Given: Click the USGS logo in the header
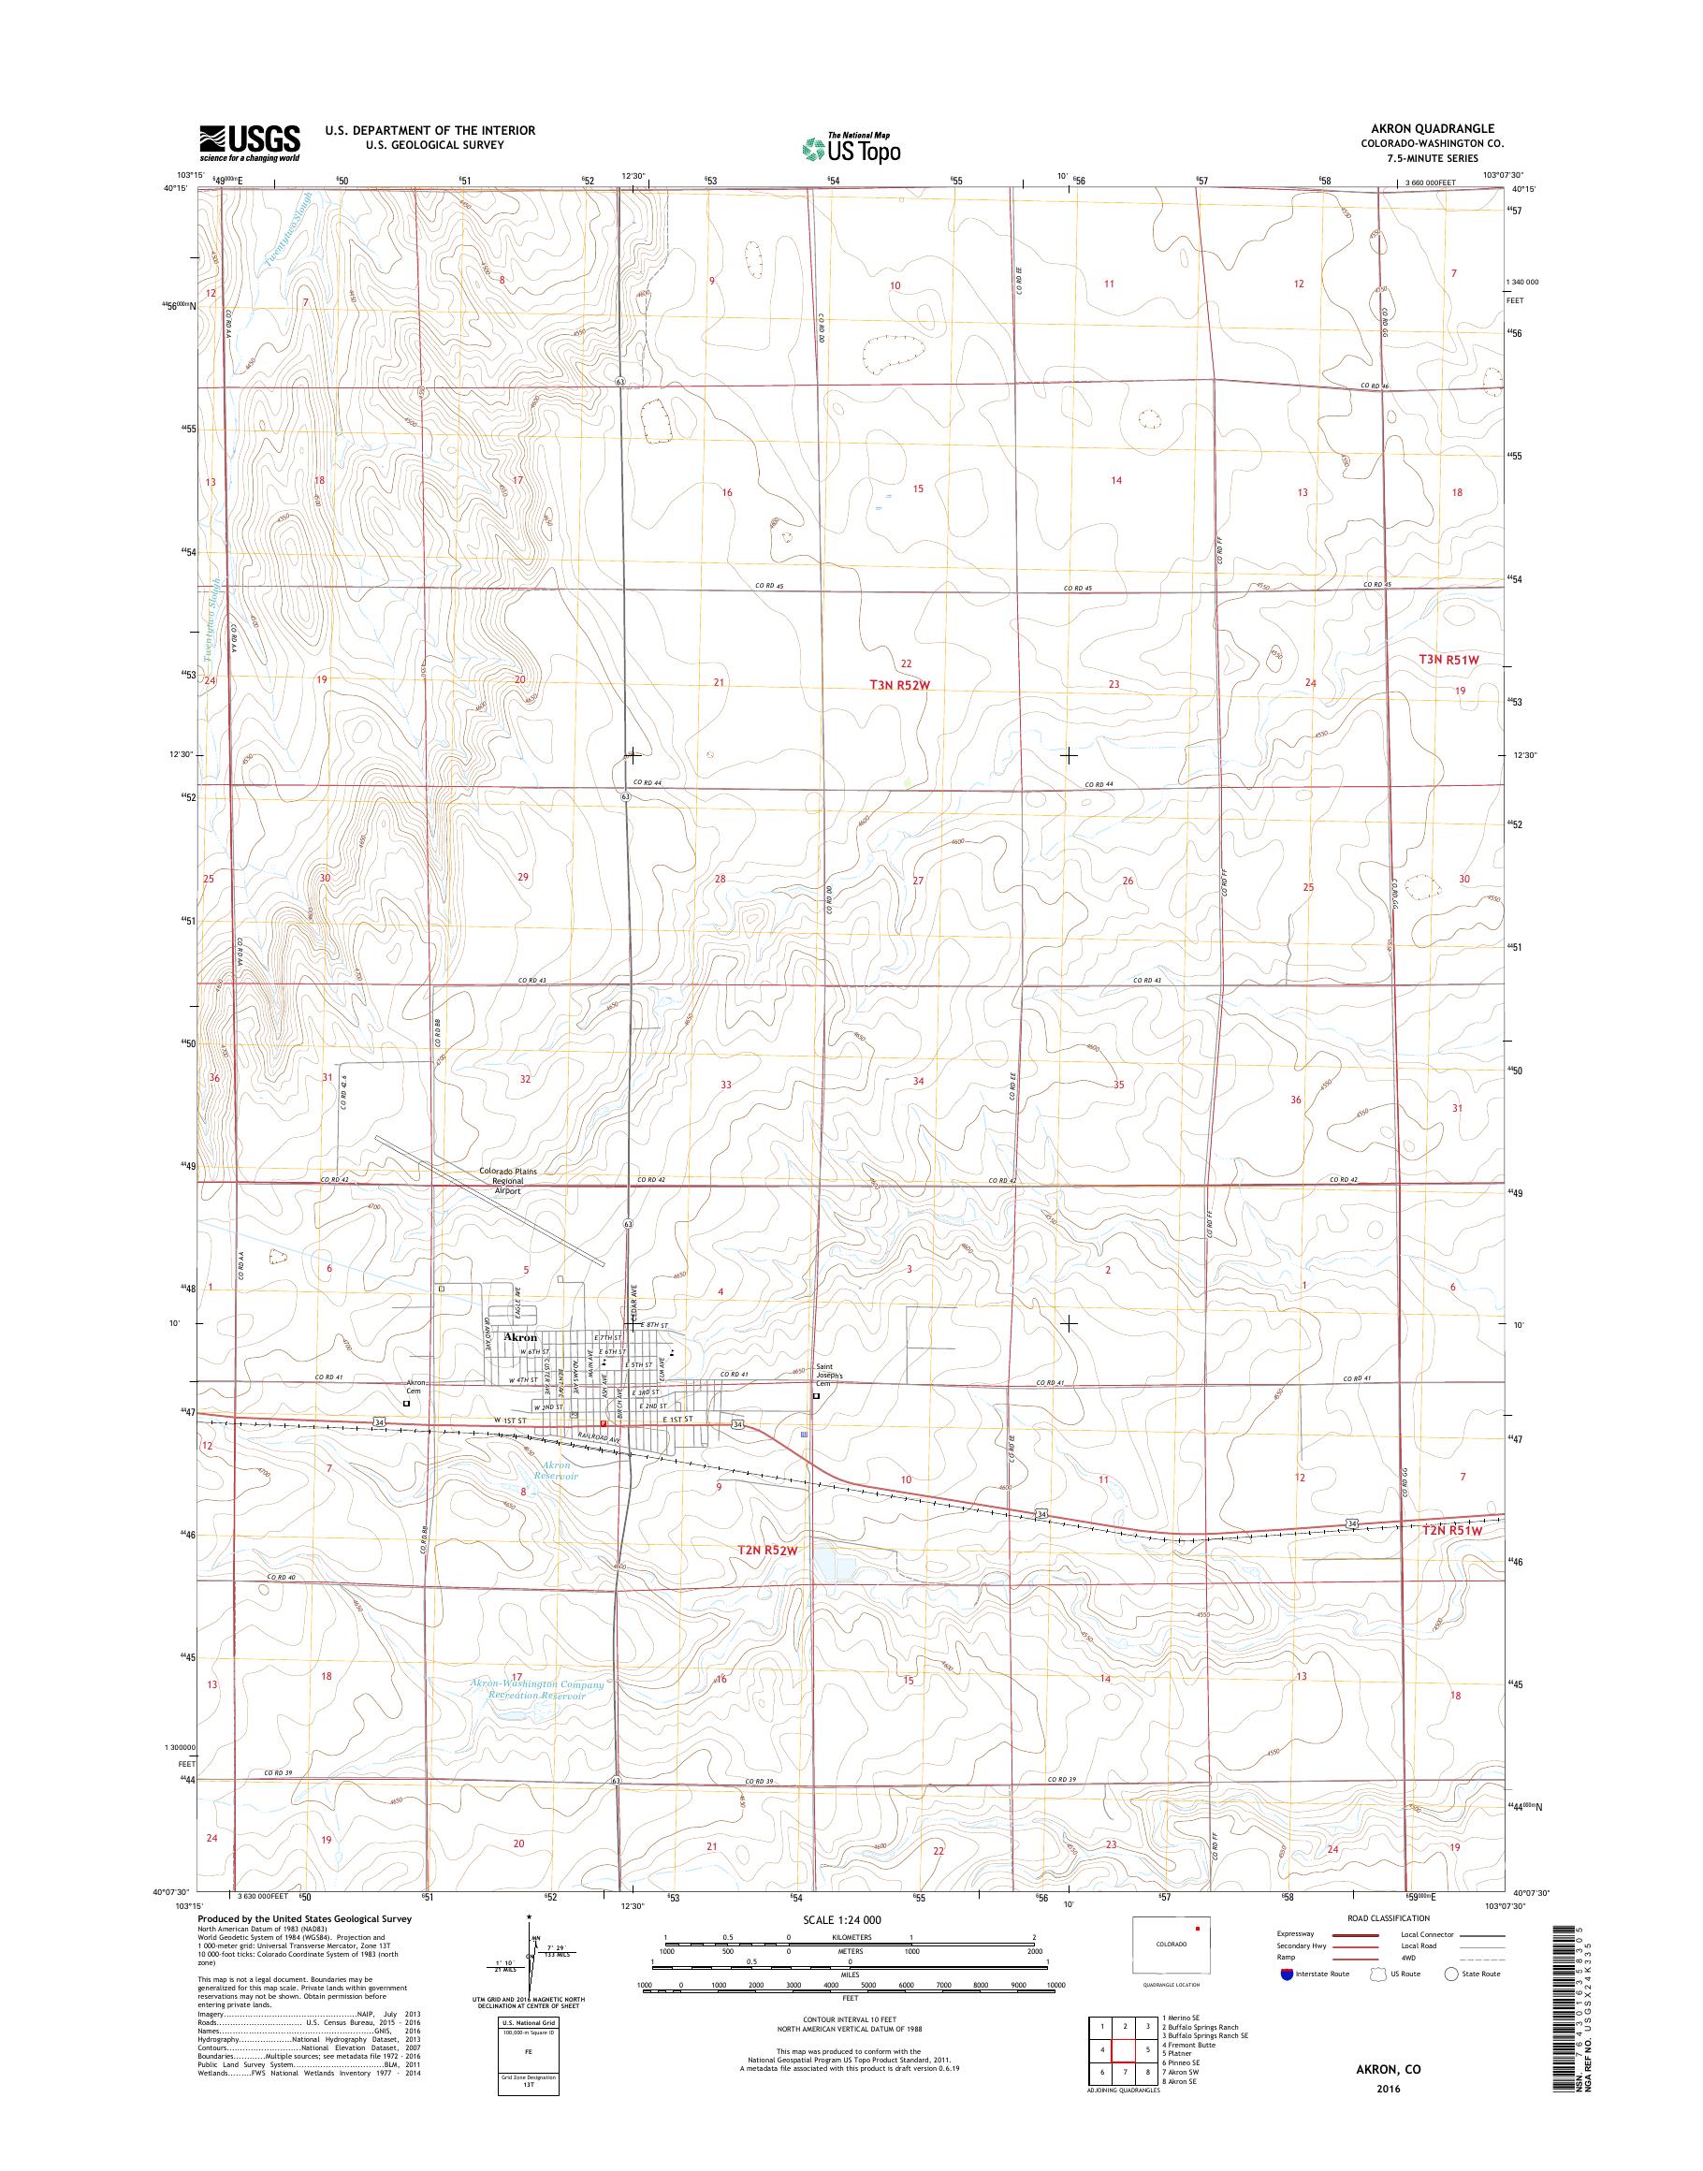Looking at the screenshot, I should tap(249, 142).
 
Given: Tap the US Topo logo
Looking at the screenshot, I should tap(851, 148).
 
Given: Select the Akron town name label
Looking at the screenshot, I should tap(520, 1337).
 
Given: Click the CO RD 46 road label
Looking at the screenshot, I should tap(1375, 386).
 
